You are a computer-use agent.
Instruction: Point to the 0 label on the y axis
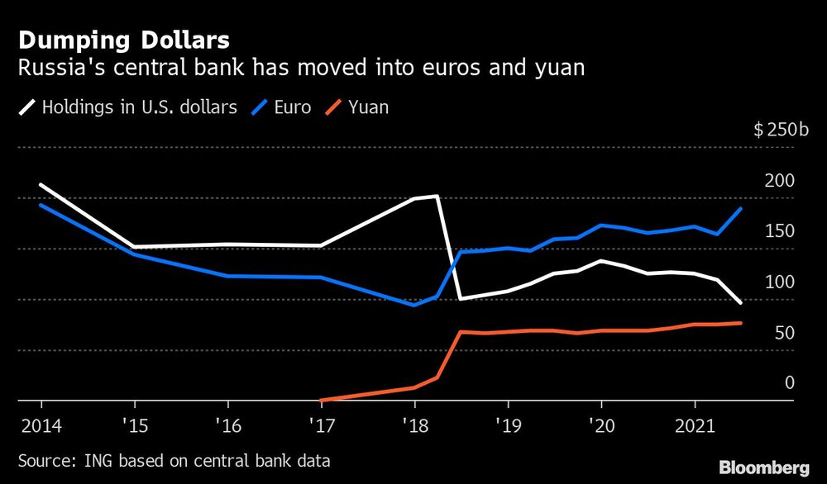[789, 382]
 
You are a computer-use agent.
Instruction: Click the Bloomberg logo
[762, 466]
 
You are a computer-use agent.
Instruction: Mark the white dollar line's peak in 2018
[436, 196]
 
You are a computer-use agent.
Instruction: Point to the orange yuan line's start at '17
[321, 400]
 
